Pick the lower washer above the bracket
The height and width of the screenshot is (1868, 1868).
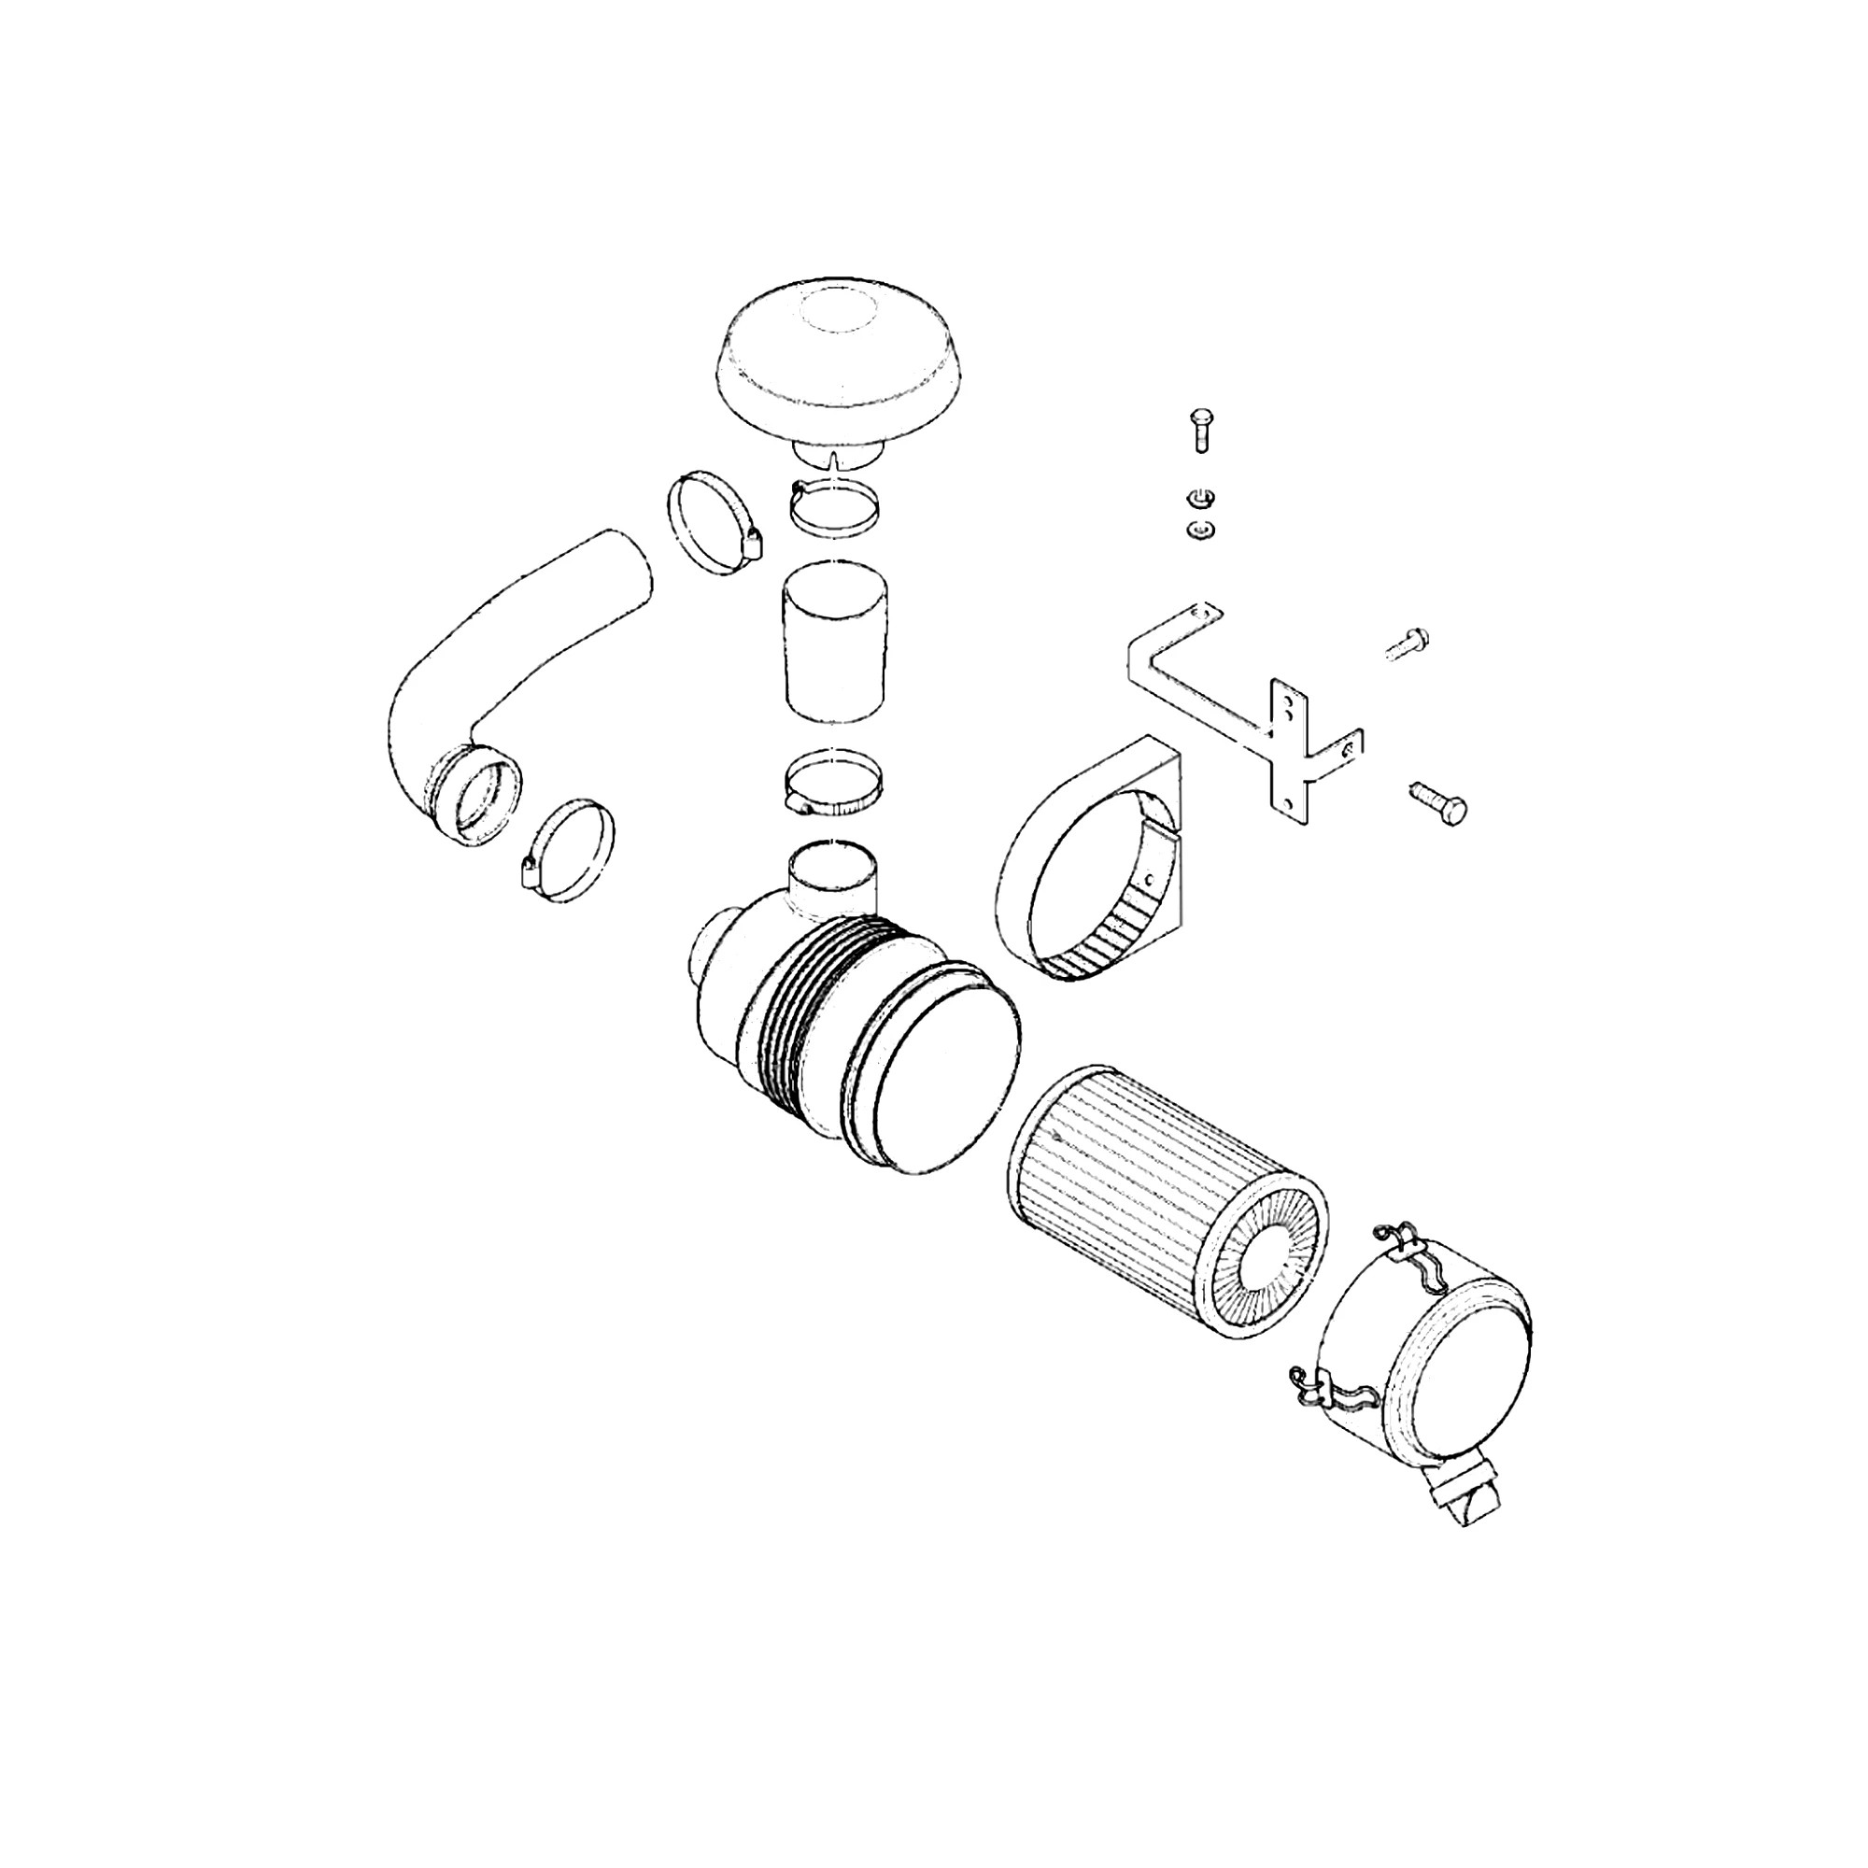coord(1199,530)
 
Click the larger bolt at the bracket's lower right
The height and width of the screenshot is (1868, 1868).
coord(1439,802)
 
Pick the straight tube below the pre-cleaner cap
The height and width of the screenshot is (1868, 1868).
coord(834,643)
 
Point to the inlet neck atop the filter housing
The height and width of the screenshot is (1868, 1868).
coord(834,875)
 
